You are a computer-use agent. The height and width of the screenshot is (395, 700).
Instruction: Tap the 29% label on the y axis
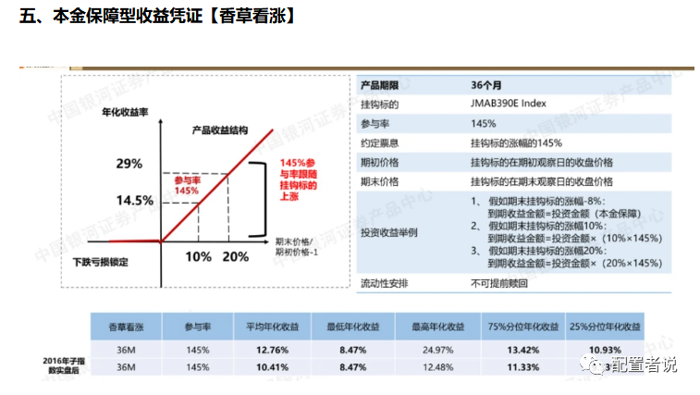click(x=129, y=164)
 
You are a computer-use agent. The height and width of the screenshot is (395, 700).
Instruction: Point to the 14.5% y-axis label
click(x=134, y=200)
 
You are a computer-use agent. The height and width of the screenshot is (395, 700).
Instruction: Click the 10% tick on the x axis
click(x=198, y=256)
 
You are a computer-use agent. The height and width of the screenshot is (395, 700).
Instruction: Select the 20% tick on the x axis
click(x=235, y=256)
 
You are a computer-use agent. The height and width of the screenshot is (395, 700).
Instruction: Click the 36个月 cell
click(x=488, y=85)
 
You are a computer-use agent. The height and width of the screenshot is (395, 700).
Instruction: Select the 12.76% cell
click(x=275, y=350)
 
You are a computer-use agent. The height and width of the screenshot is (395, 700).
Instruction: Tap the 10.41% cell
click(x=275, y=367)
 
